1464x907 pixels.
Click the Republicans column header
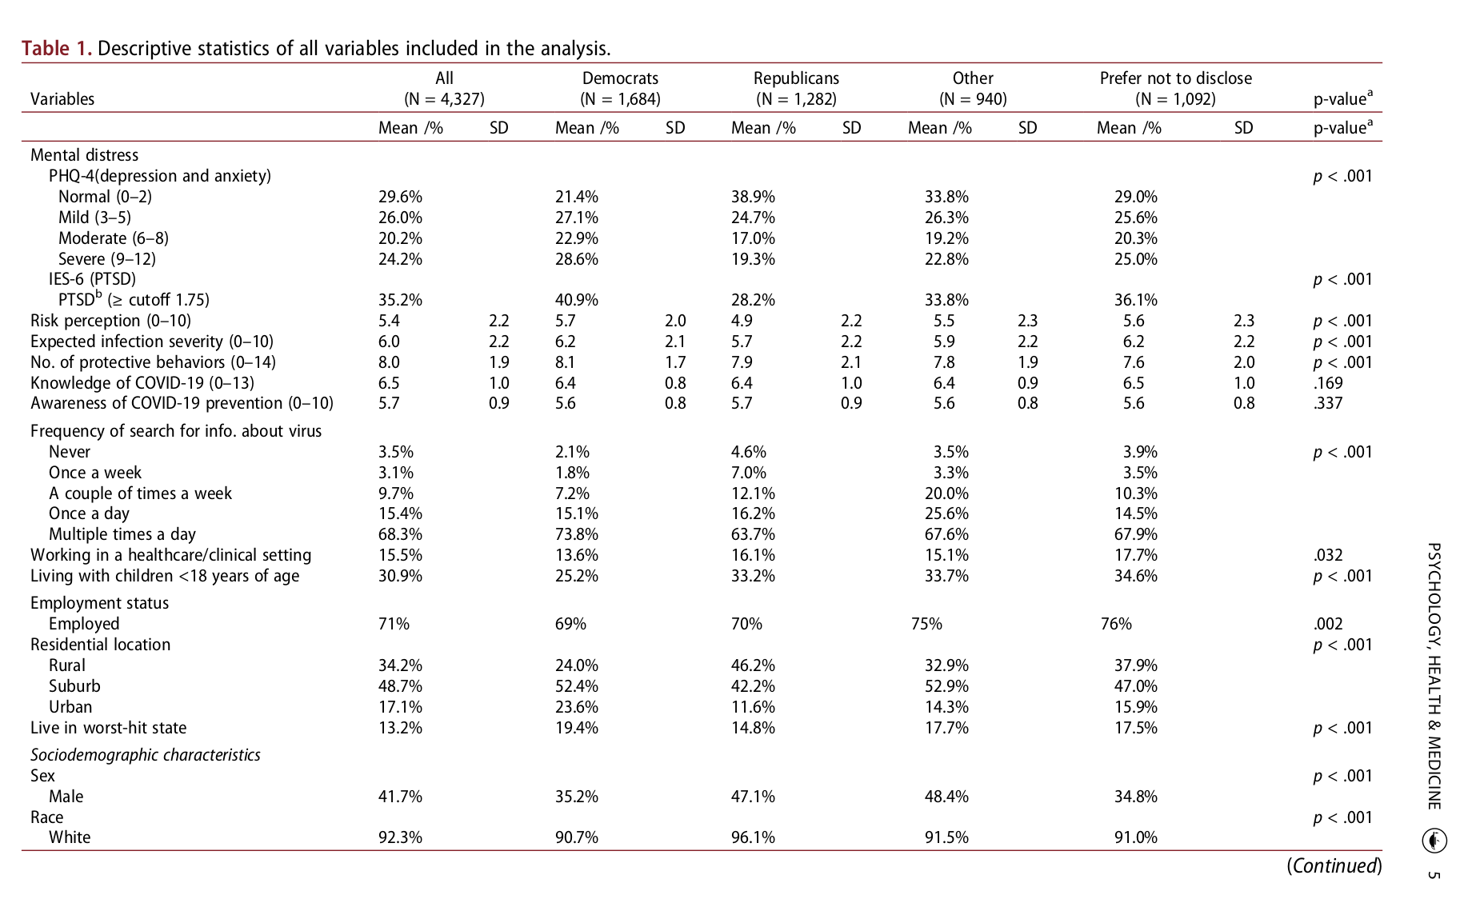(796, 78)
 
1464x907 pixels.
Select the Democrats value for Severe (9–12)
(576, 259)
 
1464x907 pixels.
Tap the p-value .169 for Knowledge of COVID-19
(1327, 383)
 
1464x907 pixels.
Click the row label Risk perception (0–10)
(110, 321)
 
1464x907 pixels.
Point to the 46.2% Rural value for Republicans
(752, 665)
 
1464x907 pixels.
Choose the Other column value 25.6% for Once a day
(946, 513)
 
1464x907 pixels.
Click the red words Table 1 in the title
(56, 49)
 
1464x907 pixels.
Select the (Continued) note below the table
(1334, 866)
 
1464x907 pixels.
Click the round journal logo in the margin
(1434, 841)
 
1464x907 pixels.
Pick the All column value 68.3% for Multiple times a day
(400, 534)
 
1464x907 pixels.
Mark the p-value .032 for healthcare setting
(1327, 555)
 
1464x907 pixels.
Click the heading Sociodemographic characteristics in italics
(146, 755)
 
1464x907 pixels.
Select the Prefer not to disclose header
(1175, 78)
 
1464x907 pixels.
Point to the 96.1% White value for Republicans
(752, 837)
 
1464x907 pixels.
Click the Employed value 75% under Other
(926, 624)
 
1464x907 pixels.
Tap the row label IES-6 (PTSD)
(92, 279)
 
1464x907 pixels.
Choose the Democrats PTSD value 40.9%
(576, 300)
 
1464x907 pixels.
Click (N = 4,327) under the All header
(444, 99)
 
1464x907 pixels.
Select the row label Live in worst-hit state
(108, 728)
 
